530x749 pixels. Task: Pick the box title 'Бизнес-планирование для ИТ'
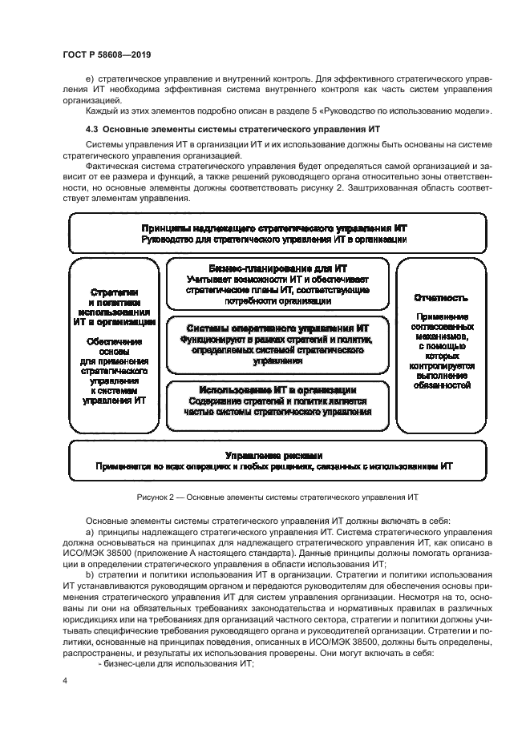pos(277,269)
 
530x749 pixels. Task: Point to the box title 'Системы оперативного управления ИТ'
pos(277,328)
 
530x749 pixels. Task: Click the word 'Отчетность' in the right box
pos(441,297)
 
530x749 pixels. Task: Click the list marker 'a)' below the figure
pos(89,532)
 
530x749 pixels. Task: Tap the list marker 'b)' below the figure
pos(89,576)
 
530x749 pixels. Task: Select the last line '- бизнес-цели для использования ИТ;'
pos(175,664)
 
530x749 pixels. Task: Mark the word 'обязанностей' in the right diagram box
pos(441,385)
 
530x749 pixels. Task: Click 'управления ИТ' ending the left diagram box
pos(115,398)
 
